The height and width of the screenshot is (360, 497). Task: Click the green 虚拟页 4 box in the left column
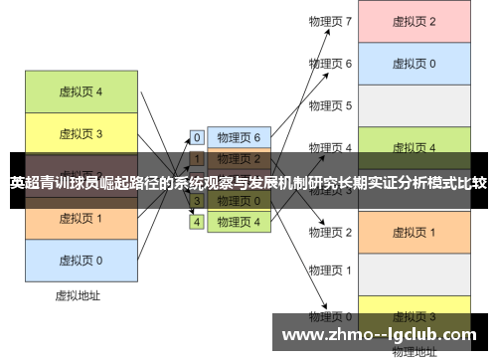pyautogui.click(x=81, y=92)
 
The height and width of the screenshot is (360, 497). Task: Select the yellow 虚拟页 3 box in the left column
pyautogui.click(x=81, y=133)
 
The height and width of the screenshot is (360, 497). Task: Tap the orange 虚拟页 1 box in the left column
pyautogui.click(x=81, y=218)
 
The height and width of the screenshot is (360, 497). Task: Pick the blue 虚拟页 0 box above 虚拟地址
pyautogui.click(x=81, y=260)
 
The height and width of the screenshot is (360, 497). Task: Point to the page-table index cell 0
pyautogui.click(x=197, y=137)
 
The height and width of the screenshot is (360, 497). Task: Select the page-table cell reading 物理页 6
pyautogui.click(x=239, y=137)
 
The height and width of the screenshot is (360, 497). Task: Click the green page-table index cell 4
pyautogui.click(x=197, y=222)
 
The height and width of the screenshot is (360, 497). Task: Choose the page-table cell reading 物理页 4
pyautogui.click(x=239, y=222)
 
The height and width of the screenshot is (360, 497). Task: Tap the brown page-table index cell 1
pyautogui.click(x=197, y=158)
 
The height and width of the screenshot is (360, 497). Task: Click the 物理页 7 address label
pyautogui.click(x=331, y=21)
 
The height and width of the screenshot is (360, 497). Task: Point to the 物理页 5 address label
pyautogui.click(x=331, y=105)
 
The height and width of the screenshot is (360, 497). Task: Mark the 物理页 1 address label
pyautogui.click(x=331, y=270)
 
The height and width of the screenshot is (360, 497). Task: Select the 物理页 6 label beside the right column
pyautogui.click(x=331, y=64)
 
